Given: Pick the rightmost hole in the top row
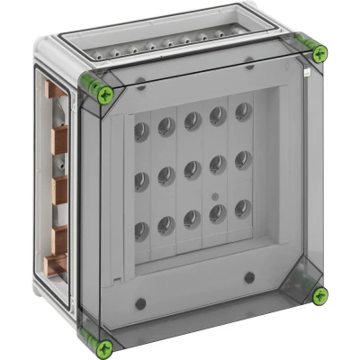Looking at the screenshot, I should (241, 112).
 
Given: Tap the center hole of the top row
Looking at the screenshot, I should (193, 121).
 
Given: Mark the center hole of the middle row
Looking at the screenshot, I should (193, 169).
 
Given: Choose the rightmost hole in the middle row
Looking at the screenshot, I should (241, 159).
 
